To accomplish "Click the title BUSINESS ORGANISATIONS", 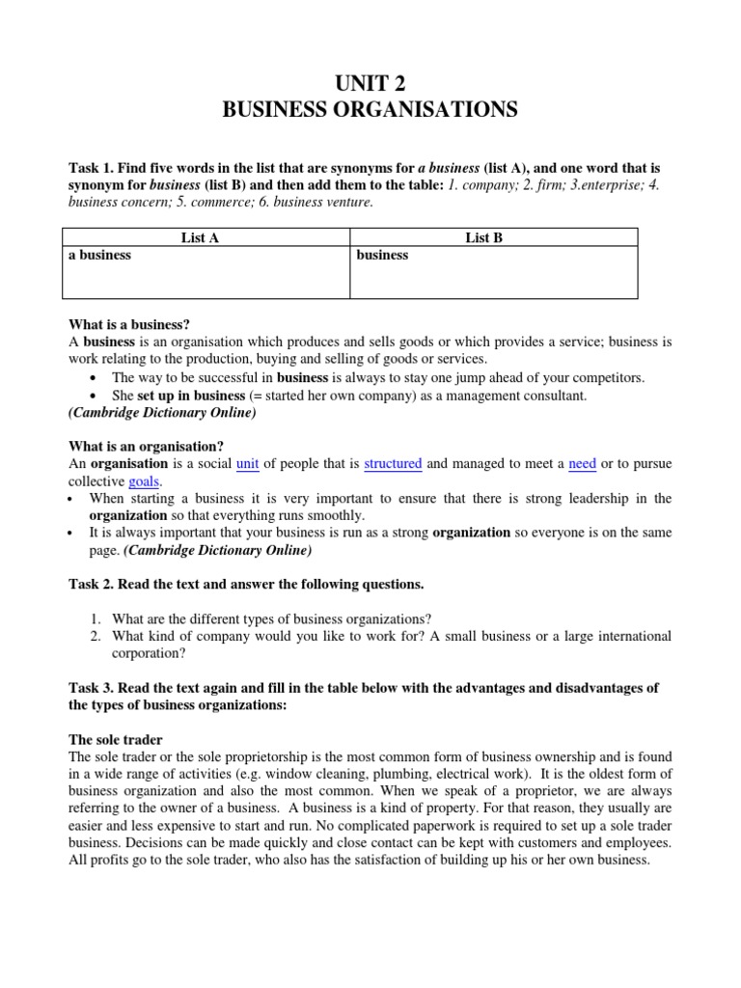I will click(x=370, y=110).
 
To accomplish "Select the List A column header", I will click(x=201, y=237).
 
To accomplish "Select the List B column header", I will click(x=492, y=237).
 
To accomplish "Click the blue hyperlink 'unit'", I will click(x=248, y=464).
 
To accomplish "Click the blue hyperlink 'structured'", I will click(x=393, y=464).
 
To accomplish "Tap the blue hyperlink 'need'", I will click(x=583, y=464).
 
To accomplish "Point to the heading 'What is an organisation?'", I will click(x=146, y=446).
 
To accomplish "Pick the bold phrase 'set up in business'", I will click(x=191, y=396).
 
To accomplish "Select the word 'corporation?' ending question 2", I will click(x=151, y=653).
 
